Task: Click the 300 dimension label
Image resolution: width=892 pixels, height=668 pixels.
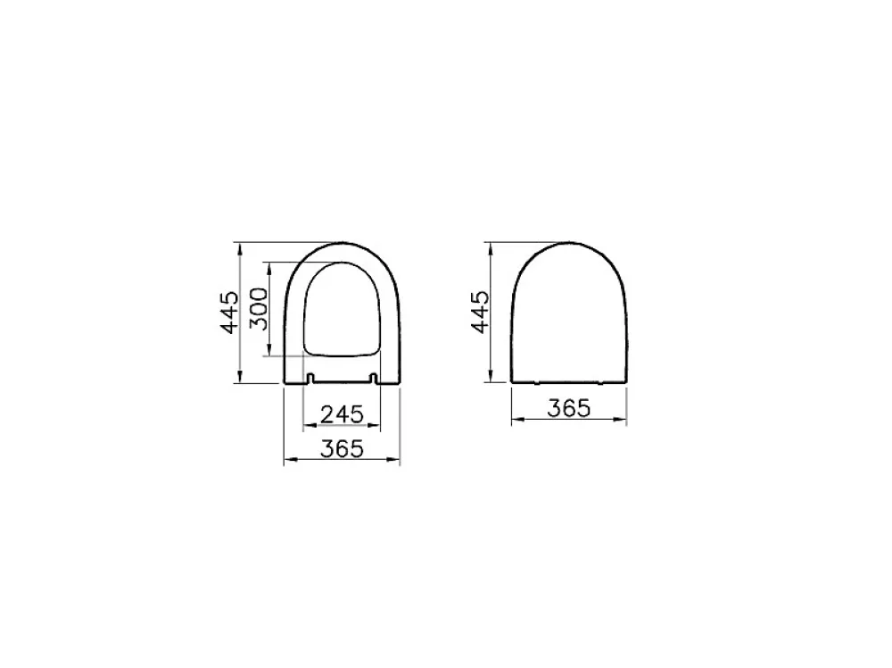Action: click(x=259, y=309)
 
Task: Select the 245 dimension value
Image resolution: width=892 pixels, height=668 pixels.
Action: click(x=342, y=414)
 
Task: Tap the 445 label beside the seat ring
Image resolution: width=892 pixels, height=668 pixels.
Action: click(x=230, y=312)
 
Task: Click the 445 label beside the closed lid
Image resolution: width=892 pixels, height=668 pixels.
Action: click(x=481, y=312)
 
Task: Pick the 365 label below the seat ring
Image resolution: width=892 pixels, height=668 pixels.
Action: click(x=342, y=448)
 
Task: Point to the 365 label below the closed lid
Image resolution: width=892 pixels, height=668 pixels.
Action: click(x=569, y=408)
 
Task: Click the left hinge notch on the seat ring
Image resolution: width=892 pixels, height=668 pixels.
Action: click(x=310, y=378)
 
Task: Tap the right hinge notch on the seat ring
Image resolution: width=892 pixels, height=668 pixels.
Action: click(x=373, y=378)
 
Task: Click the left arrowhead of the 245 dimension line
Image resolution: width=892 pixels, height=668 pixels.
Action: click(x=310, y=424)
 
